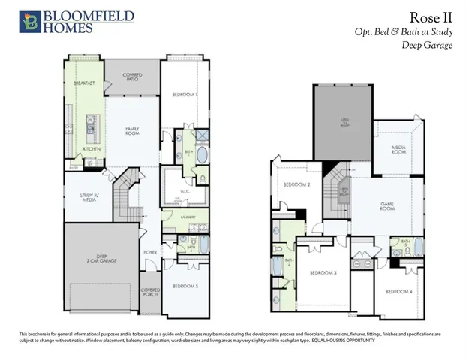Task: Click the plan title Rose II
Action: (434, 17)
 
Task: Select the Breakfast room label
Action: (84, 82)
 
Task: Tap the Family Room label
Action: (133, 133)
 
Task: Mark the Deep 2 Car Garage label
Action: (97, 259)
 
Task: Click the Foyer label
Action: (149, 253)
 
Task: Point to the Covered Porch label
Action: (150, 292)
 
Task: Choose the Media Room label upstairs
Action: (398, 150)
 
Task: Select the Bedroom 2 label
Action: (296, 184)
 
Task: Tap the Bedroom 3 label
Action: (323, 272)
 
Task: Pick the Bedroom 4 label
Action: (398, 291)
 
